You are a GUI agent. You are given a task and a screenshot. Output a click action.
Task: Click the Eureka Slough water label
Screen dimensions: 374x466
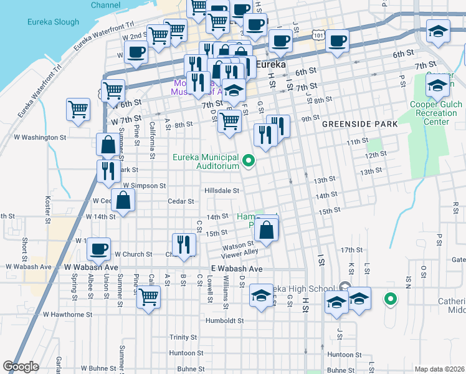point(53,22)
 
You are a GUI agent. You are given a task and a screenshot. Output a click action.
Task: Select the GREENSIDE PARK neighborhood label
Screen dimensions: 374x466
point(359,124)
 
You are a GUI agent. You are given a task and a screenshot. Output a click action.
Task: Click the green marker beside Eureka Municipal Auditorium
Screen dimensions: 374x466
point(249,161)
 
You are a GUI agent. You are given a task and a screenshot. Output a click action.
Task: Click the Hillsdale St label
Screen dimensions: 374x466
point(222,191)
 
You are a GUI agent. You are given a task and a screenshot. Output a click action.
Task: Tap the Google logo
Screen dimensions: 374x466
point(21,367)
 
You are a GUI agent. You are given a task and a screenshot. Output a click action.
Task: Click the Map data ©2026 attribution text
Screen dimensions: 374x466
point(439,369)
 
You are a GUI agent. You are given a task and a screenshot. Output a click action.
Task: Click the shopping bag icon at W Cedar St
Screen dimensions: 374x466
point(124,200)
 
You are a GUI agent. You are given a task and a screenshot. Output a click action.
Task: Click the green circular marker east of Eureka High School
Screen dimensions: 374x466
point(391,300)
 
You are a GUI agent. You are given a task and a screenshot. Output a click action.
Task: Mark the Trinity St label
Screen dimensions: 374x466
point(183,337)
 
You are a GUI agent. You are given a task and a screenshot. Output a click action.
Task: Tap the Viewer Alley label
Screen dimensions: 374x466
point(240,252)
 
